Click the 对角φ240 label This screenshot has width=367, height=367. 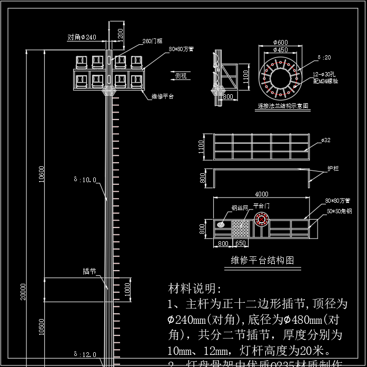point(82,37)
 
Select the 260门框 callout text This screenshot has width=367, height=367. point(153,41)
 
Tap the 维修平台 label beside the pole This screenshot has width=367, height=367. point(162,96)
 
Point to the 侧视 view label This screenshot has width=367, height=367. point(181,76)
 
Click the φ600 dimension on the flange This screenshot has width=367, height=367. point(280,42)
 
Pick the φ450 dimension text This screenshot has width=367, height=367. point(280,49)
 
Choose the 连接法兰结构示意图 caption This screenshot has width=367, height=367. point(283,106)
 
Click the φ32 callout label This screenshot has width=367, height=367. point(326,141)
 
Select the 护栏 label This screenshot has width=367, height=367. point(333,169)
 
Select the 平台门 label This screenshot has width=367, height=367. point(261,206)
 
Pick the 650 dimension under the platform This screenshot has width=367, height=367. point(241,244)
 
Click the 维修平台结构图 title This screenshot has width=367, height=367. point(262,260)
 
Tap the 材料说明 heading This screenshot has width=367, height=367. point(195,289)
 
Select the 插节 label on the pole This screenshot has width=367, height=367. point(89,272)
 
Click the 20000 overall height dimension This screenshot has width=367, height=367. point(23,293)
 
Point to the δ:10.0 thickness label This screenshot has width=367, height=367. point(85,180)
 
